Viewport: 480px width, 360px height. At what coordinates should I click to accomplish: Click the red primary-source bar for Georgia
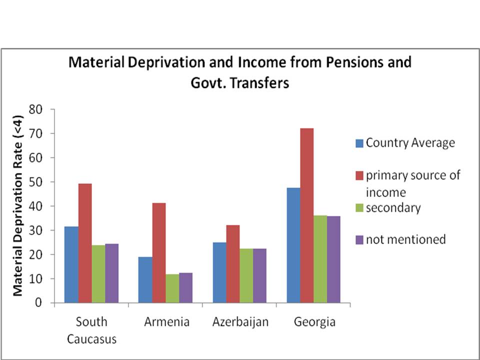click(307, 215)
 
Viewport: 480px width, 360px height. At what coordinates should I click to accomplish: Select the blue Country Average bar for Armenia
click(145, 279)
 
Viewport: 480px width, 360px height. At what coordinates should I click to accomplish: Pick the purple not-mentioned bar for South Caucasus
click(111, 273)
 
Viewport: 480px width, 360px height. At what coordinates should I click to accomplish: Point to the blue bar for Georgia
click(293, 245)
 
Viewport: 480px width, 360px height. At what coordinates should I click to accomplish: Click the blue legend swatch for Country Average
click(359, 143)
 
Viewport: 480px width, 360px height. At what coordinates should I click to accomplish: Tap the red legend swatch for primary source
click(359, 175)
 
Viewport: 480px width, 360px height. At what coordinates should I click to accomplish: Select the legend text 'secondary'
click(393, 208)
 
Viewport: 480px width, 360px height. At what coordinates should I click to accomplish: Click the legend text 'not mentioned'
click(405, 239)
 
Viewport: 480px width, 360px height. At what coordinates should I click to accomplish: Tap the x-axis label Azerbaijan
click(239, 321)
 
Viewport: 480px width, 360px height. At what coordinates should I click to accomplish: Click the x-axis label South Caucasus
click(91, 330)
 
